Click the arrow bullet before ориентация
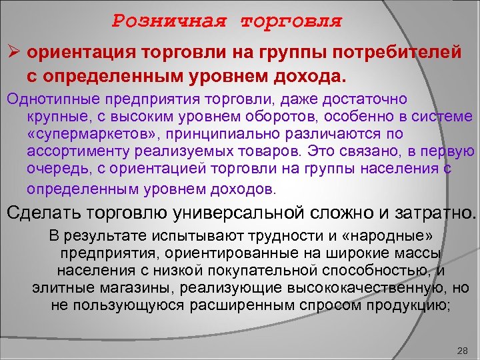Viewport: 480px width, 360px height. pyautogui.click(x=13, y=51)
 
